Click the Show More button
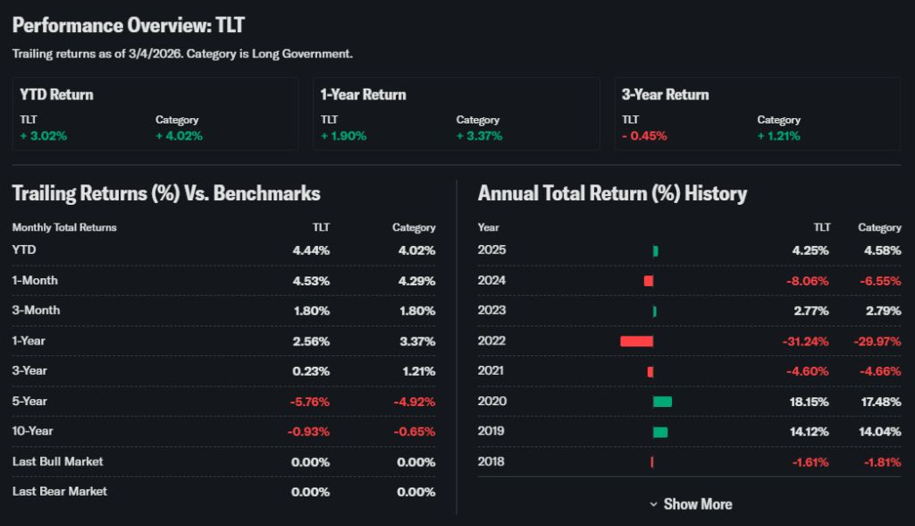coord(691,504)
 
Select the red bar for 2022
coord(637,341)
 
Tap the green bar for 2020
coord(662,402)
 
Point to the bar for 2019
coord(660,432)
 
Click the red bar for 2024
coord(649,281)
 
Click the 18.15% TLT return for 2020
coord(810,402)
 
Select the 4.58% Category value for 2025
coord(882,250)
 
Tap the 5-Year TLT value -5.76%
coord(309,401)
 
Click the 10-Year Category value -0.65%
coord(415,431)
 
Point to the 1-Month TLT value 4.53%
coord(311,280)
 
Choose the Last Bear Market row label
coord(60,491)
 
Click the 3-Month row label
coord(36,310)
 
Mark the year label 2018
coord(491,462)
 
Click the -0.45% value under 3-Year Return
coord(644,136)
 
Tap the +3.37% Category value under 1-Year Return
coord(479,136)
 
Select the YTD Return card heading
coord(56,95)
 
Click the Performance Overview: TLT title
coord(129,25)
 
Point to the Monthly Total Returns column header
coord(64,227)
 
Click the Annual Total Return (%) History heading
coord(612,193)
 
